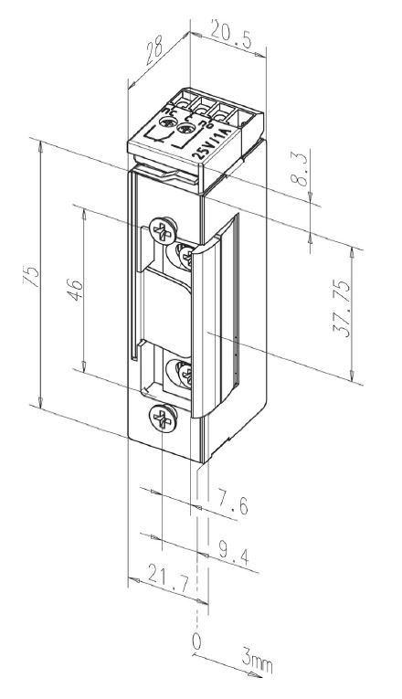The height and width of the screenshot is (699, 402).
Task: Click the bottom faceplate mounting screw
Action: (162, 420)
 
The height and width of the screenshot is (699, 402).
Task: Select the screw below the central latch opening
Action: (180, 373)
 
